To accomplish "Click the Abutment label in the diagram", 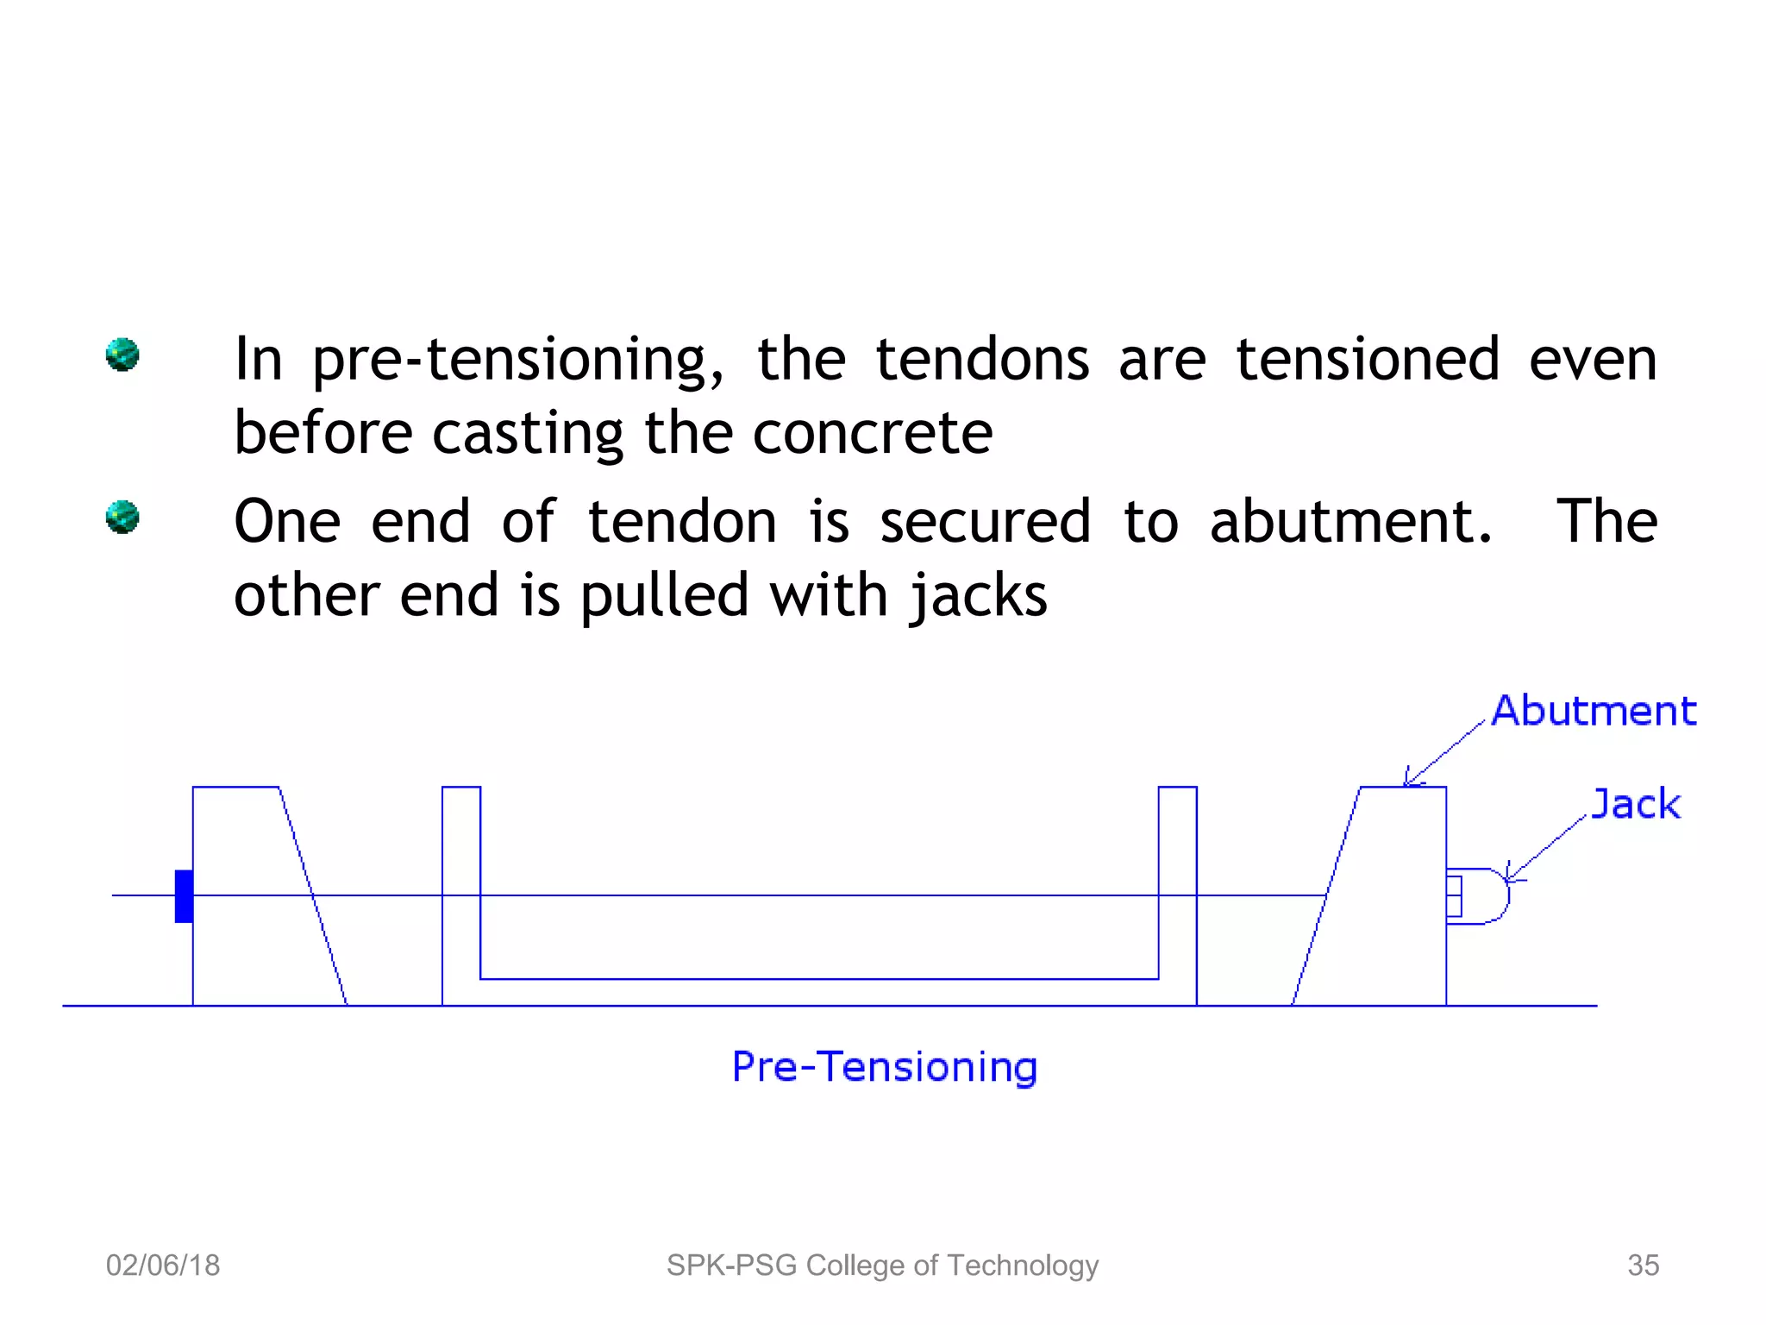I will tap(1594, 712).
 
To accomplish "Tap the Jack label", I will tap(1636, 805).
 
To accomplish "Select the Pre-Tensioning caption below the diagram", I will tap(884, 1067).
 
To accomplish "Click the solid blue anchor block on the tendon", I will tap(184, 896).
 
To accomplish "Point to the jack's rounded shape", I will tap(1485, 896).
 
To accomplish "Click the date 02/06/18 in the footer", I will tap(163, 1265).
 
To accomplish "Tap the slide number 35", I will tap(1643, 1265).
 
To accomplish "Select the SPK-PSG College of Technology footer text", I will tap(882, 1265).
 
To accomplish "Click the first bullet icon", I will tap(122, 355).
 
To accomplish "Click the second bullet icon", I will tap(122, 518).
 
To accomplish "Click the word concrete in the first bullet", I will tap(872, 432).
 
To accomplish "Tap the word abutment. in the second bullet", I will tap(1350, 522).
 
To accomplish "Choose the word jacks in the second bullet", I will tap(980, 597).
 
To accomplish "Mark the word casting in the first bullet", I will tap(527, 434).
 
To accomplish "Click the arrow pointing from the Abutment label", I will tap(1444, 752).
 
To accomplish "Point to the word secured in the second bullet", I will tap(985, 522).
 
